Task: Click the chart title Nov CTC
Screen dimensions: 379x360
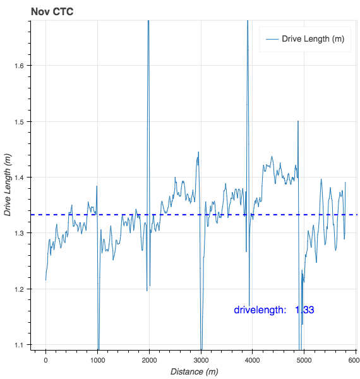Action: (x=52, y=11)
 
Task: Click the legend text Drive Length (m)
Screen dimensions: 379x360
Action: (x=313, y=39)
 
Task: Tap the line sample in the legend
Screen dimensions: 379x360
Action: (x=272, y=39)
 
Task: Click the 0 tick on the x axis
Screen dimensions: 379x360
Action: (x=45, y=359)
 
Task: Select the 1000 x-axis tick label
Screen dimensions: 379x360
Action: (x=97, y=359)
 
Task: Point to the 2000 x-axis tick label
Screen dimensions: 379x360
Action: (x=149, y=359)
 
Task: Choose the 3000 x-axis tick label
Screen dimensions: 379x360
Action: (x=201, y=359)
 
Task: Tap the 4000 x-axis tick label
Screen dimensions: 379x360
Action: (x=252, y=359)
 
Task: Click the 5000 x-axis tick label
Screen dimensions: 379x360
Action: (x=304, y=359)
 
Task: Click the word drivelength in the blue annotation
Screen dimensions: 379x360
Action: (x=260, y=310)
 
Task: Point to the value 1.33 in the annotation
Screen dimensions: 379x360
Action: (x=304, y=310)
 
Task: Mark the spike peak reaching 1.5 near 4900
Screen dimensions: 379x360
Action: (x=298, y=121)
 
